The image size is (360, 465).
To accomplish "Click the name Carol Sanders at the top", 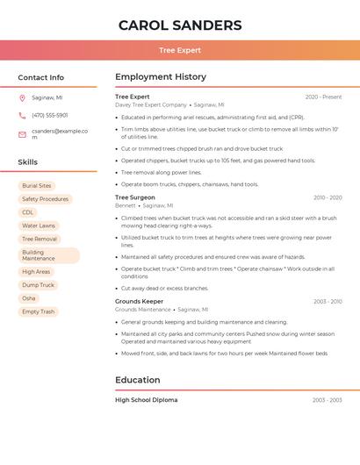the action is point(180,25).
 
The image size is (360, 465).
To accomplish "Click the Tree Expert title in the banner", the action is point(180,50).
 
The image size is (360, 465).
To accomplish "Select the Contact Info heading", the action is point(41,77).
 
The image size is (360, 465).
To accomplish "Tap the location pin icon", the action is point(22,97).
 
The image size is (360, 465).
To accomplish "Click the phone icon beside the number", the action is point(22,115).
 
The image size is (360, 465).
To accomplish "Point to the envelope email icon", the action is point(22,134).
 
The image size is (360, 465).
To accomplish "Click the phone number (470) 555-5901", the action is point(49,115).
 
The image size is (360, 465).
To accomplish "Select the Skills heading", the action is point(28,162).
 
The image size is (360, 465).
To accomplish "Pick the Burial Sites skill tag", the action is point(37,186).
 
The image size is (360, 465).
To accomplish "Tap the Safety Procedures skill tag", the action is point(45,199).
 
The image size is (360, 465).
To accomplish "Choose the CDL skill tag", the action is point(28,212).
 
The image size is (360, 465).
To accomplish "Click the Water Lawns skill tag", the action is point(39,225).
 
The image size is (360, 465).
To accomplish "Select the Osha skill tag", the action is point(29,298).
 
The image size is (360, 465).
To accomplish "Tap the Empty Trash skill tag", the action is point(39,311).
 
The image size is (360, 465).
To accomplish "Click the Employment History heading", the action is point(161,77).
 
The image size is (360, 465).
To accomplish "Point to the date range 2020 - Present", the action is point(323,97).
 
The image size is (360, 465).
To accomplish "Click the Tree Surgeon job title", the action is point(134,197).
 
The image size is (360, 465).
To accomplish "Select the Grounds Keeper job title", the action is point(139,301).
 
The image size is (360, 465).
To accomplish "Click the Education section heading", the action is point(138,380).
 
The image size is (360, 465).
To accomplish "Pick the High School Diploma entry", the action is point(146,400).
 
